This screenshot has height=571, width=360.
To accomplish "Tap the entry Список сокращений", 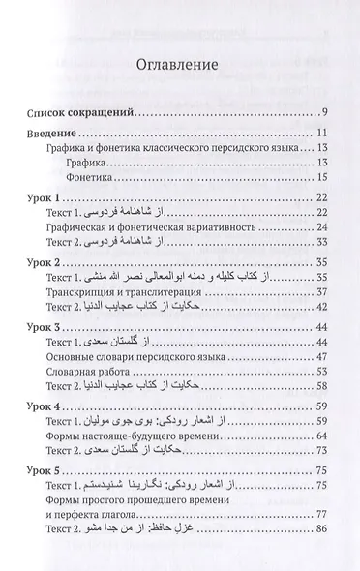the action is tap(83, 110).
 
